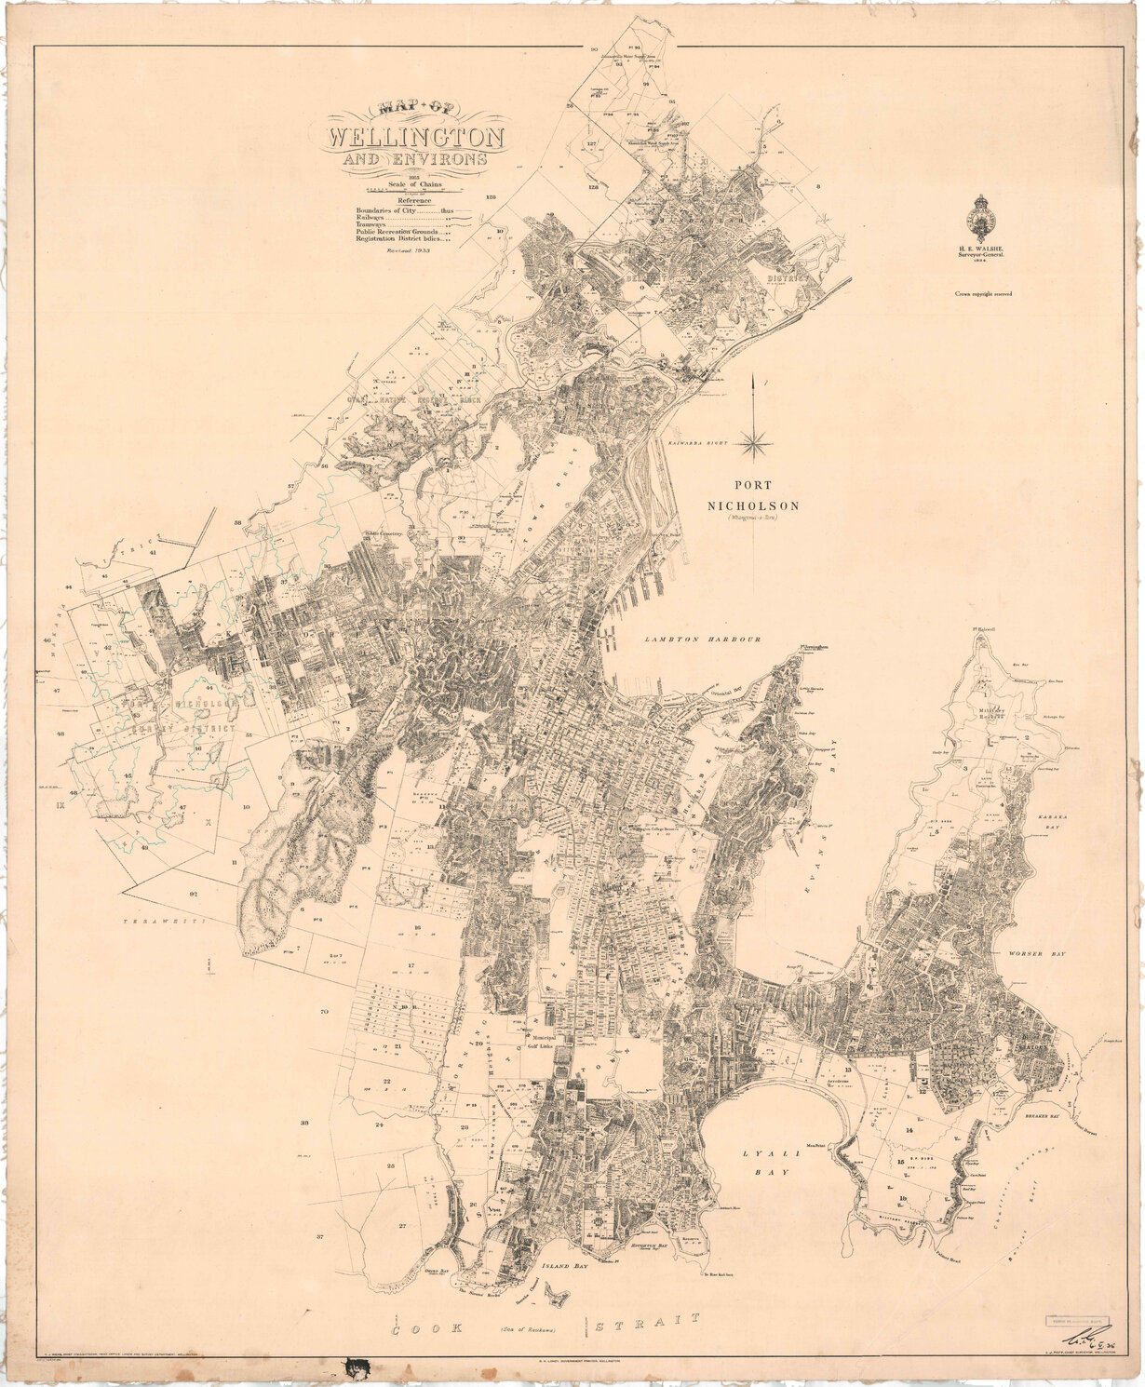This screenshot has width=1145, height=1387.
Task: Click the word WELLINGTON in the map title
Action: (414, 138)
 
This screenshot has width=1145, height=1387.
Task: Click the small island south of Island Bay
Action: (559, 1294)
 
